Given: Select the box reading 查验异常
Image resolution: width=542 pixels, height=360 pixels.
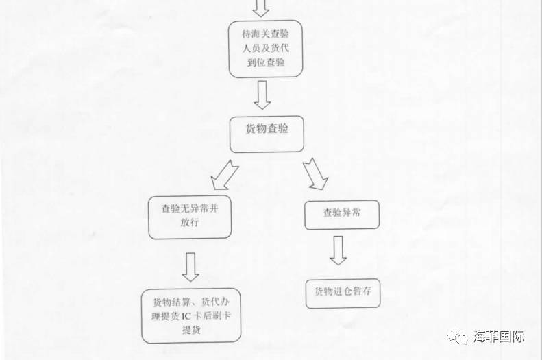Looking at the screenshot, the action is coord(342,213).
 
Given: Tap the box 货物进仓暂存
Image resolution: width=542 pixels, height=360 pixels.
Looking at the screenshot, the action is coord(343,292).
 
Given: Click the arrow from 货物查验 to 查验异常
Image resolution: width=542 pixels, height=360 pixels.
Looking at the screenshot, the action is coord(315,173).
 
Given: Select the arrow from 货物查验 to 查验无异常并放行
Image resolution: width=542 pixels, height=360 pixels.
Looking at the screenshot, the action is coord(223,175).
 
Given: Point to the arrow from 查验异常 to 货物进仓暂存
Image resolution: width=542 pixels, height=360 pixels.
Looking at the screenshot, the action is coord(338,250).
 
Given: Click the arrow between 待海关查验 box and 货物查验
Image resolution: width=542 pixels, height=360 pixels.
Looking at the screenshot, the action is coord(262,95).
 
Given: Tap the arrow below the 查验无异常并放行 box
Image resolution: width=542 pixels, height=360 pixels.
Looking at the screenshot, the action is coord(191,266).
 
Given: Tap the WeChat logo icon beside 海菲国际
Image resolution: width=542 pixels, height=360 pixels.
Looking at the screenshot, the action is coord(460,337).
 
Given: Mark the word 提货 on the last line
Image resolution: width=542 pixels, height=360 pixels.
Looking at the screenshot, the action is coord(191,330).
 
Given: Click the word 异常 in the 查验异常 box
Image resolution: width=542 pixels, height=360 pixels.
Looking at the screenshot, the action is coord(351,213).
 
